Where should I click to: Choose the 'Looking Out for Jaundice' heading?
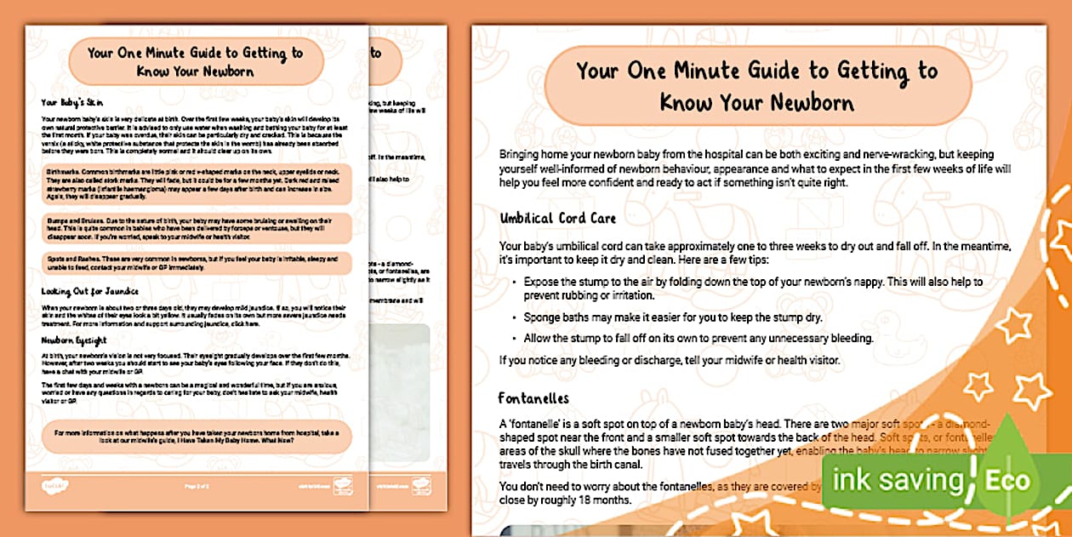[89, 291]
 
